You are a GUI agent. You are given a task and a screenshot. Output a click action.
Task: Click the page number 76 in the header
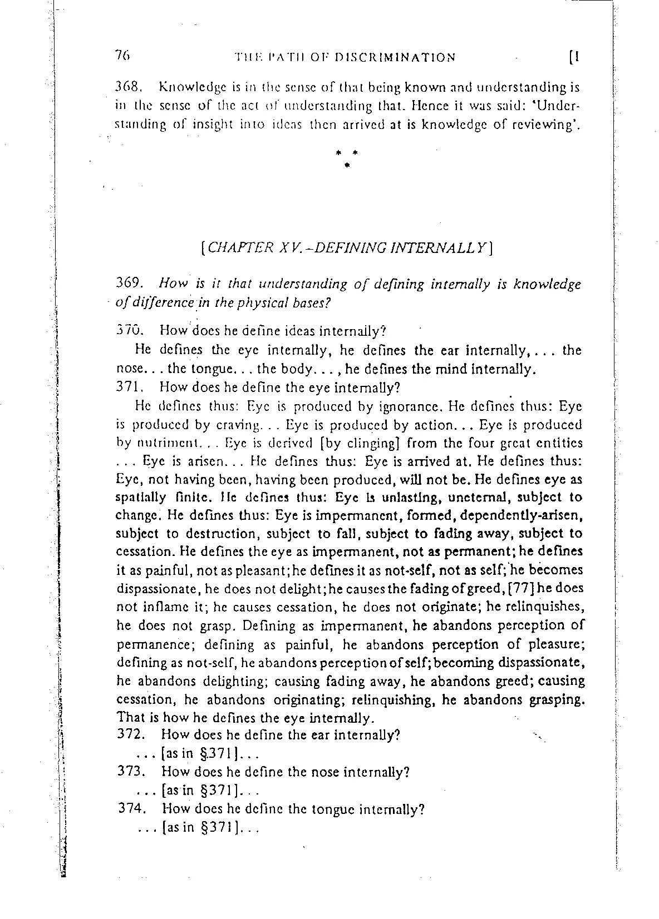coord(122,56)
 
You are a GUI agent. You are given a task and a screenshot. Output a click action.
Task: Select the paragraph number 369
coord(130,285)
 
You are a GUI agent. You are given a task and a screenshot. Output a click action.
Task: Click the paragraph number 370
coord(130,331)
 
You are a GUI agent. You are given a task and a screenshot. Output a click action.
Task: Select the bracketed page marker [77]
coord(514,588)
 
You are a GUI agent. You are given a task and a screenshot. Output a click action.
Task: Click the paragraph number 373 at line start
coord(132,772)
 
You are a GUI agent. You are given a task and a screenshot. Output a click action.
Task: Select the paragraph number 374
coord(132,809)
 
